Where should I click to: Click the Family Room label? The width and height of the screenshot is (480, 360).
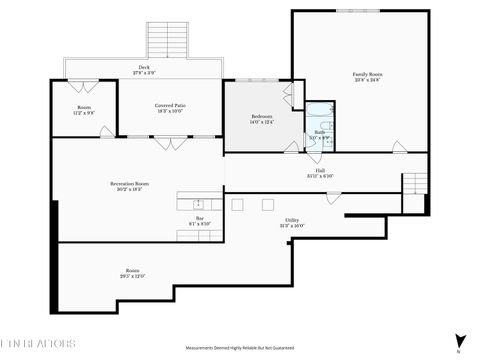pos(368,75)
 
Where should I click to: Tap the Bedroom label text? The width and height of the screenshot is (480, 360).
pos(261,118)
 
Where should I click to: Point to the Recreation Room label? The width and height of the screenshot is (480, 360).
pos(130,185)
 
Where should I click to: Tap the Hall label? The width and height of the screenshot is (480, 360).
pos(320,172)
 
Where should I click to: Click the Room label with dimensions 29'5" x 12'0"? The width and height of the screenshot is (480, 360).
pos(133,272)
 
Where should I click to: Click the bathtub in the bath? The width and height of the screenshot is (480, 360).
pos(320,113)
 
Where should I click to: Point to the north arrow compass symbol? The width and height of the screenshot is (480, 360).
pos(459,341)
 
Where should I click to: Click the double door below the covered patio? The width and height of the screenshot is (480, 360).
pos(171,143)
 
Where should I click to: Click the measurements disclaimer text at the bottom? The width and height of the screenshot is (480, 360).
pos(240,347)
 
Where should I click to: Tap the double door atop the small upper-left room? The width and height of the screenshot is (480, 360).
pos(84,81)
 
